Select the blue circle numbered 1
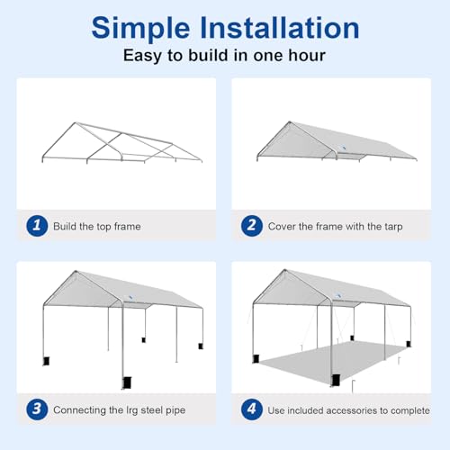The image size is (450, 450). (36, 226)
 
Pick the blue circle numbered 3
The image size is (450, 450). (36, 409)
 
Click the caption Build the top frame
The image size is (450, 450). (98, 226)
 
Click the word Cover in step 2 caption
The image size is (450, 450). (283, 226)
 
